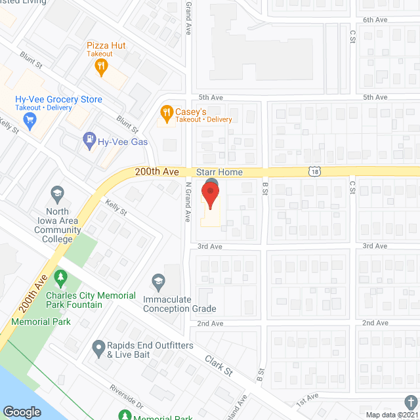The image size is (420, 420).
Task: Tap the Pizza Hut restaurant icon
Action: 100,65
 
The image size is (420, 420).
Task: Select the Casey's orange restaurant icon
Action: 167,113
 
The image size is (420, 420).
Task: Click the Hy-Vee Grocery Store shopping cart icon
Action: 29,119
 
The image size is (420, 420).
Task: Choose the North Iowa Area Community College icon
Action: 56,194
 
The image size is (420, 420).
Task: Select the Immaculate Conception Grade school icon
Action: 157,282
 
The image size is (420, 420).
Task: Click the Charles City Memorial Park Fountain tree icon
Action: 61,279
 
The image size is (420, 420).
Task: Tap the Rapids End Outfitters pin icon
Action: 98,346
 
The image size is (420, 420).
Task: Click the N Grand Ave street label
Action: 187,202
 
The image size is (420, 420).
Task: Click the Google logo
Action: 22,412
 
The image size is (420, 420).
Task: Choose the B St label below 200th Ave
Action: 265,188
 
